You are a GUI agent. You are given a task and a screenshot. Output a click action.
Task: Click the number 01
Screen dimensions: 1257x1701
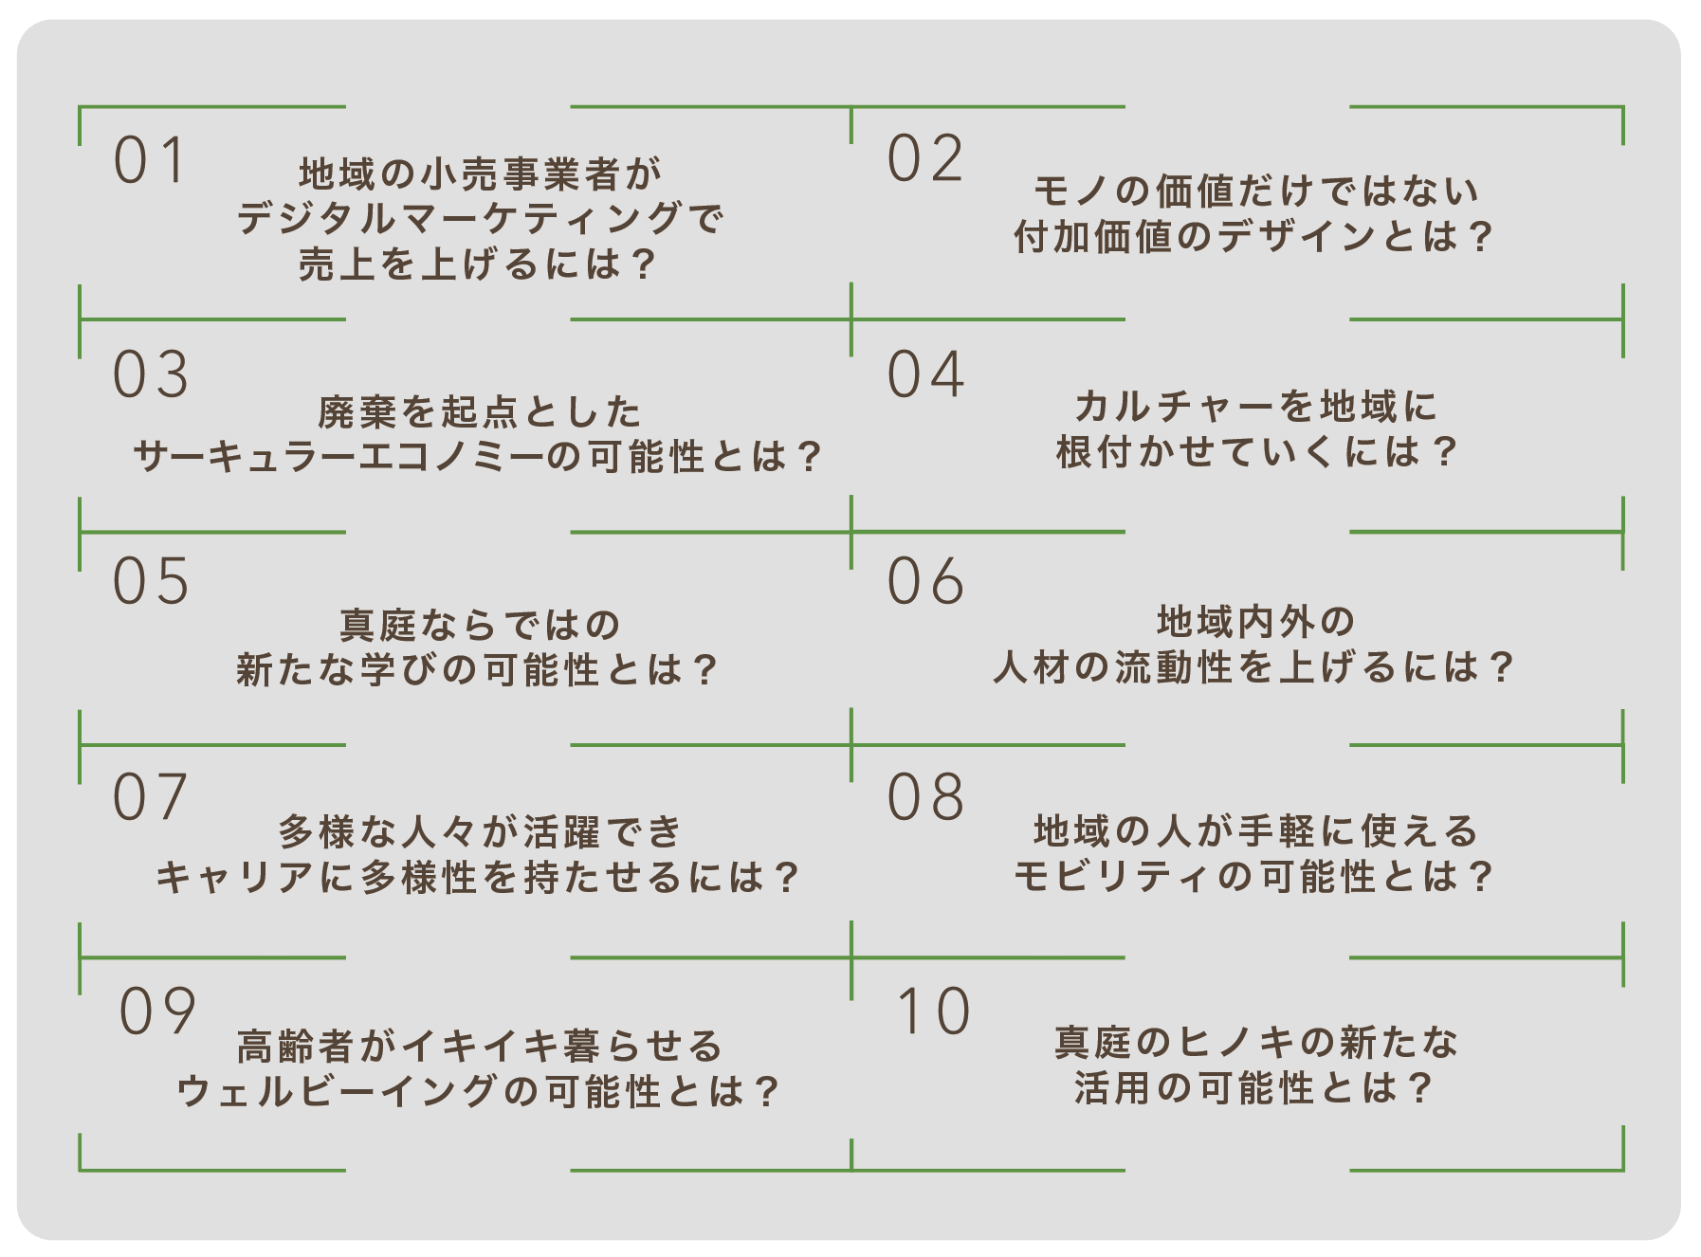[x=149, y=160]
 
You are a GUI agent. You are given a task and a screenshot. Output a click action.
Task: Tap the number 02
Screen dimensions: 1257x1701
[x=924, y=158]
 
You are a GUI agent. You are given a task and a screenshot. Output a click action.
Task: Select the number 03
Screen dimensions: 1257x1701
[x=150, y=374]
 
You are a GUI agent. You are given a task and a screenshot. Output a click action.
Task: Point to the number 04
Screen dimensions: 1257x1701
[x=924, y=374]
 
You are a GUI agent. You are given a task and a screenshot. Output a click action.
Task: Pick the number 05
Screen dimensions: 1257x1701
[x=150, y=581]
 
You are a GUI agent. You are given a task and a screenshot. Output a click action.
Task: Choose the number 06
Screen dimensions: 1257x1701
[x=924, y=581]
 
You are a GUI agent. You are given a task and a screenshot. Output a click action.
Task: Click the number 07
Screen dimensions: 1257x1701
[x=150, y=797]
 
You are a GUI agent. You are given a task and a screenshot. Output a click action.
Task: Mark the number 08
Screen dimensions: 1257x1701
[x=924, y=797]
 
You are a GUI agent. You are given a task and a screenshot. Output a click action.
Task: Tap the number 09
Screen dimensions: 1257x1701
[x=156, y=1011]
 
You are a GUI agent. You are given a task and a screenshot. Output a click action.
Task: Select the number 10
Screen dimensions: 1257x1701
[x=933, y=1011]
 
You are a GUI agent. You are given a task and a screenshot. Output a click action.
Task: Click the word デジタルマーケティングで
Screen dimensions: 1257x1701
[x=479, y=219]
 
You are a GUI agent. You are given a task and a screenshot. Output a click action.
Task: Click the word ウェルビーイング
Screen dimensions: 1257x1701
[x=338, y=1091]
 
